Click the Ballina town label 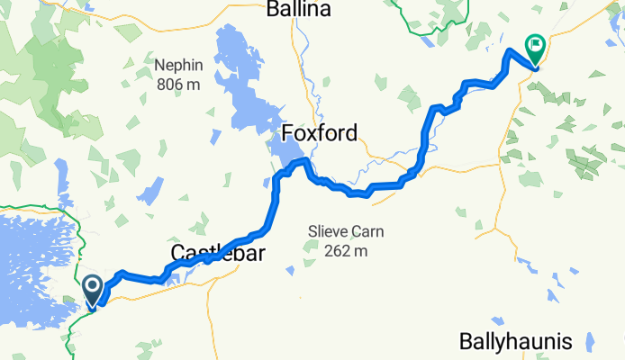tap(299, 10)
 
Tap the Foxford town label tap(320, 133)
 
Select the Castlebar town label tap(217, 254)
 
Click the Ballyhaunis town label tap(515, 342)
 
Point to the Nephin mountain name tap(178, 66)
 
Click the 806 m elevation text tap(178, 84)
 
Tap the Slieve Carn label tap(346, 231)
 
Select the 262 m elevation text tap(346, 250)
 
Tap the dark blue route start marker tap(93, 289)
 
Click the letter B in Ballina tap(273, 10)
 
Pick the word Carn tap(370, 231)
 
